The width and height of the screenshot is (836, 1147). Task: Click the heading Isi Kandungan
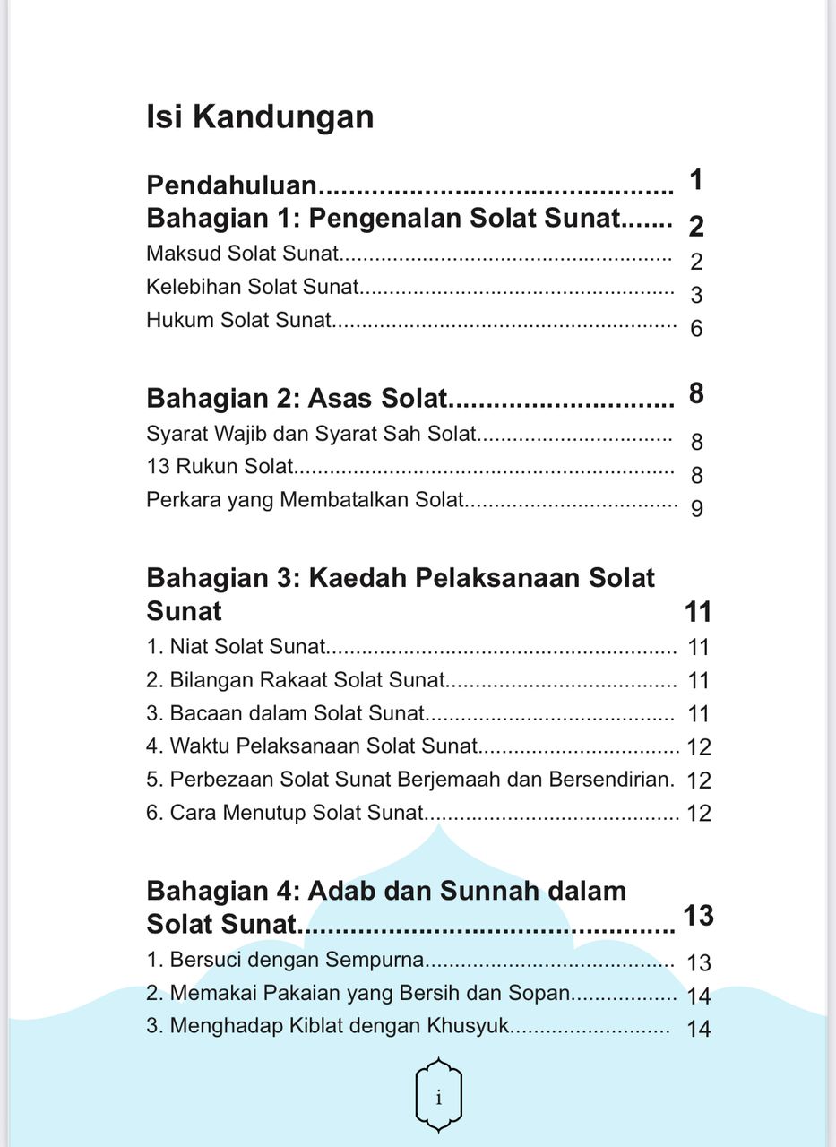pos(260,117)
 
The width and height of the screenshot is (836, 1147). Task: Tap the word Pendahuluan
pos(232,185)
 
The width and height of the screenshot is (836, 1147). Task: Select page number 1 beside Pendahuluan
pos(696,180)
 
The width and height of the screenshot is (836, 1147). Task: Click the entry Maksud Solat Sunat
pos(243,254)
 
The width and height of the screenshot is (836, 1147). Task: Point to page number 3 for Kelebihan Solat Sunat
pos(696,296)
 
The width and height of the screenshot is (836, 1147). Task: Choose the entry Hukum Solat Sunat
pos(239,320)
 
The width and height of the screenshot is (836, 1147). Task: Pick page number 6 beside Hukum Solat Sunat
pos(696,329)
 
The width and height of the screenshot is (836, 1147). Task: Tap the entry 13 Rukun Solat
pos(220,466)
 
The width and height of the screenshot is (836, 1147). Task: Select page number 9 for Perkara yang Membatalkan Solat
pos(697,509)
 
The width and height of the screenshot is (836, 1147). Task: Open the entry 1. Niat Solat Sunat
pos(237,646)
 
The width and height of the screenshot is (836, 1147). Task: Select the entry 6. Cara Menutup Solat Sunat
pos(284,813)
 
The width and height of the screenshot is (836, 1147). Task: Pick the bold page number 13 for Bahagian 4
pos(698,915)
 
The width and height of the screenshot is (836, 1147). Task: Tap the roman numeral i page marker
pos(438,1097)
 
